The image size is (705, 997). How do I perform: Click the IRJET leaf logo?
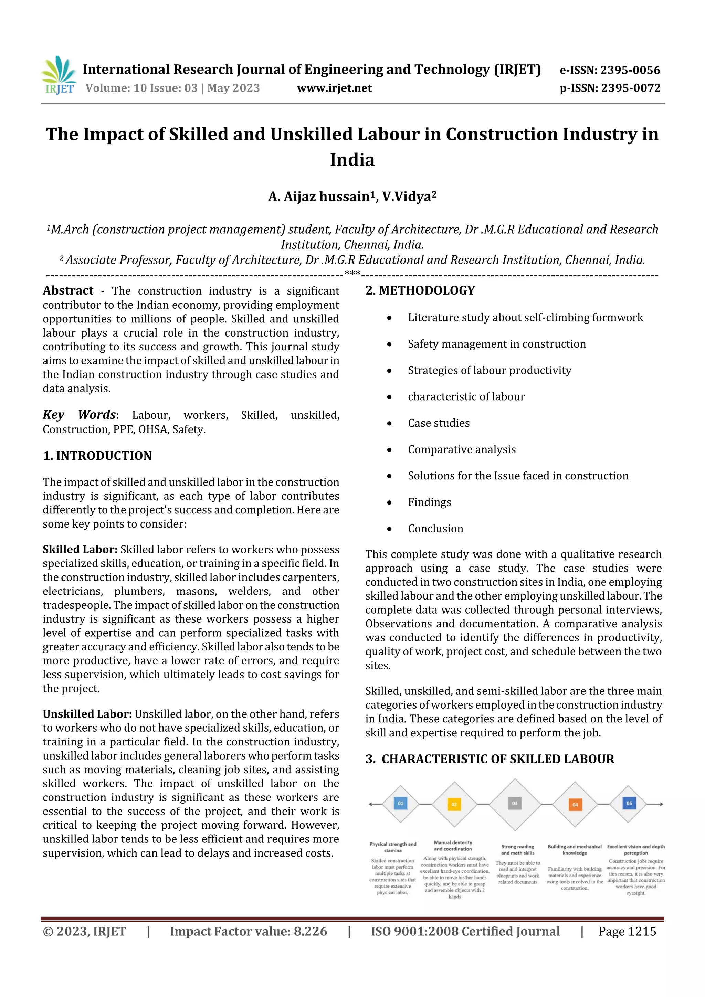[59, 75]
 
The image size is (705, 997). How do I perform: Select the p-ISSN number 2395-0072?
[630, 88]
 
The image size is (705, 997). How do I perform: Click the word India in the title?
[352, 160]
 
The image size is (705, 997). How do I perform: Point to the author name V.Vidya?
[409, 197]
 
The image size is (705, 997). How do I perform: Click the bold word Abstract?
[68, 290]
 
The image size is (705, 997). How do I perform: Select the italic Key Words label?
[80, 415]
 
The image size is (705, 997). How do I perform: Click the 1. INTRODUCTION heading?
[97, 456]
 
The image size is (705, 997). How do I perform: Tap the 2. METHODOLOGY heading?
[420, 290]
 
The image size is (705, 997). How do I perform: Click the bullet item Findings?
[429, 502]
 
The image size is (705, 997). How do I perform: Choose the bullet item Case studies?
[438, 423]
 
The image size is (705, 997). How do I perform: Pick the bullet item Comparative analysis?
[461, 449]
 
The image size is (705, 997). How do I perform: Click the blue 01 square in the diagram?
[400, 803]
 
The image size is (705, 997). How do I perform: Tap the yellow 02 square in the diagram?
[454, 804]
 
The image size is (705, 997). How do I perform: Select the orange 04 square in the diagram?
[575, 805]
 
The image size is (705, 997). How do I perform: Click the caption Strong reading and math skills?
[517, 849]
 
